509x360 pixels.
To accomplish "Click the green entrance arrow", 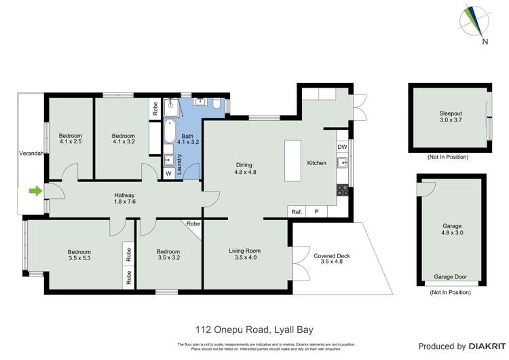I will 33,192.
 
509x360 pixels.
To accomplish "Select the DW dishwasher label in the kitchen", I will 342,147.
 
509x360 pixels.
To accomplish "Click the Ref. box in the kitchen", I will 297,212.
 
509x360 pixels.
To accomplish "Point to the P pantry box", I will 316,212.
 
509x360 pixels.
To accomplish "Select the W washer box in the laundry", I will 168,173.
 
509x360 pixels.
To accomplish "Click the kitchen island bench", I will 293,162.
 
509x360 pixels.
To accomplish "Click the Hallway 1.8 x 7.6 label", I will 124,199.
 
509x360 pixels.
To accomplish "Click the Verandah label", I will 31,154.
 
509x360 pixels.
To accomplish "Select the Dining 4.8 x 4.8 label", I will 244,168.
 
